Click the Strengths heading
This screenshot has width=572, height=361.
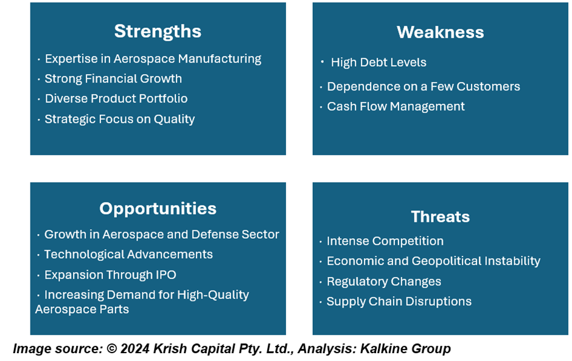(158, 32)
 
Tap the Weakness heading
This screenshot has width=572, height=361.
(441, 32)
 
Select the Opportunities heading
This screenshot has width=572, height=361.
(158, 209)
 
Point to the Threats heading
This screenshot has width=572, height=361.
(441, 216)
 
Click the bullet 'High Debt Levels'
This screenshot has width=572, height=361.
(378, 62)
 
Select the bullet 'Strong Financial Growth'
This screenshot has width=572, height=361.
(113, 78)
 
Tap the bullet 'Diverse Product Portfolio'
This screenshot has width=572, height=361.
(116, 98)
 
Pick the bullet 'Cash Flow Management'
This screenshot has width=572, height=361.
(396, 106)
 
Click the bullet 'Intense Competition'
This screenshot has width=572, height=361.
(385, 241)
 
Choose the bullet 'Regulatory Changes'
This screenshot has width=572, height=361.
(384, 281)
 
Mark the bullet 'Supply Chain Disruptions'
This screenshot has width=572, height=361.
(399, 301)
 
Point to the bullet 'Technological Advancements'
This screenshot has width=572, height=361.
(128, 254)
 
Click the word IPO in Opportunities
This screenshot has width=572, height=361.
(166, 275)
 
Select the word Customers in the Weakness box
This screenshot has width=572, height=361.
(488, 86)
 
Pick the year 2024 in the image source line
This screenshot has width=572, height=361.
(134, 349)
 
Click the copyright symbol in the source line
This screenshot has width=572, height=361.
(111, 349)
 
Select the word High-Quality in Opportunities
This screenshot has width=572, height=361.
(213, 295)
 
